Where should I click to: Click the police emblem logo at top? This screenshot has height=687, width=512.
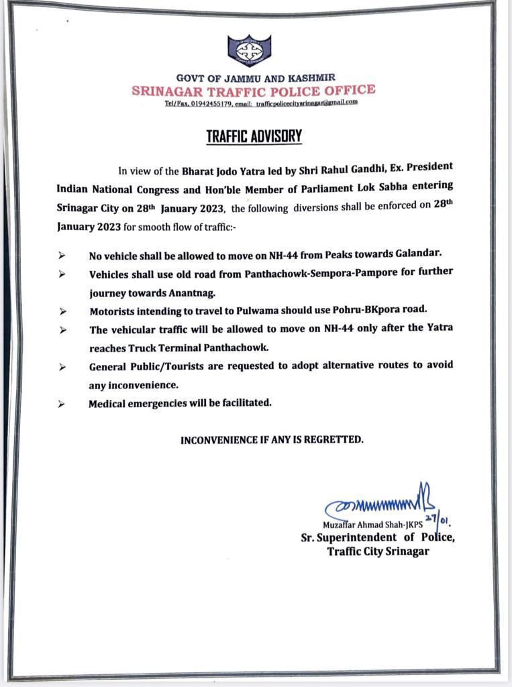249,50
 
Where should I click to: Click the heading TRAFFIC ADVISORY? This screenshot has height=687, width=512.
254,136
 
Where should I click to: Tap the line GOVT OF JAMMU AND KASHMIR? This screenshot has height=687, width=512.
255,78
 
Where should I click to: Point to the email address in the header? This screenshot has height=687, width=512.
307,103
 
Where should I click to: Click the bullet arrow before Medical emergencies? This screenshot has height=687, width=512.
61,405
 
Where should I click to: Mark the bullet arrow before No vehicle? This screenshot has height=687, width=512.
61,256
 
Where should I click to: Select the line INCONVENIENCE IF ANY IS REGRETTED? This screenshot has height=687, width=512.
272,440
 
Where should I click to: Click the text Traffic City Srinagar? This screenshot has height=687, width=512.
378,551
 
